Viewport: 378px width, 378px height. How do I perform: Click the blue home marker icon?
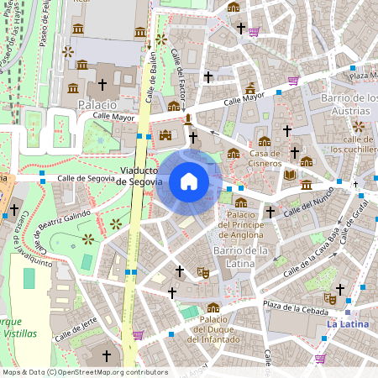[x=189, y=181]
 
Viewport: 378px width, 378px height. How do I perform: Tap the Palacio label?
[x=97, y=104]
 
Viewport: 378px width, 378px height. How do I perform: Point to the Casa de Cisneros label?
[x=264, y=158]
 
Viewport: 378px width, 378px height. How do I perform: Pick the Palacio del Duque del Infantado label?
[x=214, y=328]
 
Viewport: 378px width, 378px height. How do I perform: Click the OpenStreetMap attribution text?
[x=84, y=372]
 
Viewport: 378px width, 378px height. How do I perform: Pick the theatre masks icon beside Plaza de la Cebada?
[x=330, y=298]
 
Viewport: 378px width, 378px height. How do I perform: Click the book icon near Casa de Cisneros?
[x=290, y=174]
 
